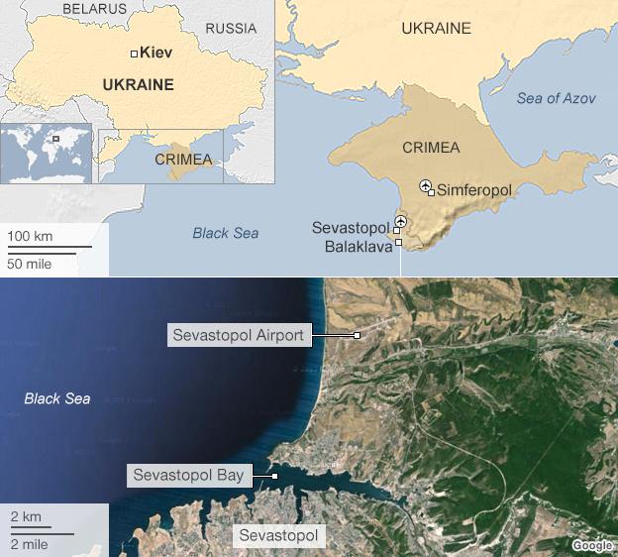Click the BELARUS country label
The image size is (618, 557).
(x=94, y=9)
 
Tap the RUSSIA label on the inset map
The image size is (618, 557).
(x=231, y=29)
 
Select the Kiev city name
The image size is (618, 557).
(x=157, y=53)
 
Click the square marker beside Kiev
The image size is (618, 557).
(x=134, y=54)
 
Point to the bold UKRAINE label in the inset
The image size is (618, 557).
(x=138, y=85)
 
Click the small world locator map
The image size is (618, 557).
(x=47, y=152)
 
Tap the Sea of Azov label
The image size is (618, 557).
(x=557, y=98)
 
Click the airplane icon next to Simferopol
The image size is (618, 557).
(x=426, y=184)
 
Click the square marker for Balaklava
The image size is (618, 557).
(x=398, y=242)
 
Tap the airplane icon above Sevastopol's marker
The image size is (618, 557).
(x=400, y=220)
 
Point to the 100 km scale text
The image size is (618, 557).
(x=31, y=237)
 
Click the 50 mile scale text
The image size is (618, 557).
(x=31, y=263)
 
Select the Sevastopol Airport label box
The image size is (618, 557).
(x=238, y=335)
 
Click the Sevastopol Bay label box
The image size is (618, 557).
(x=188, y=476)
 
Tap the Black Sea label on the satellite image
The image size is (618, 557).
(x=56, y=398)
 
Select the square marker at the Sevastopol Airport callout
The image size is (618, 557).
(x=357, y=336)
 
